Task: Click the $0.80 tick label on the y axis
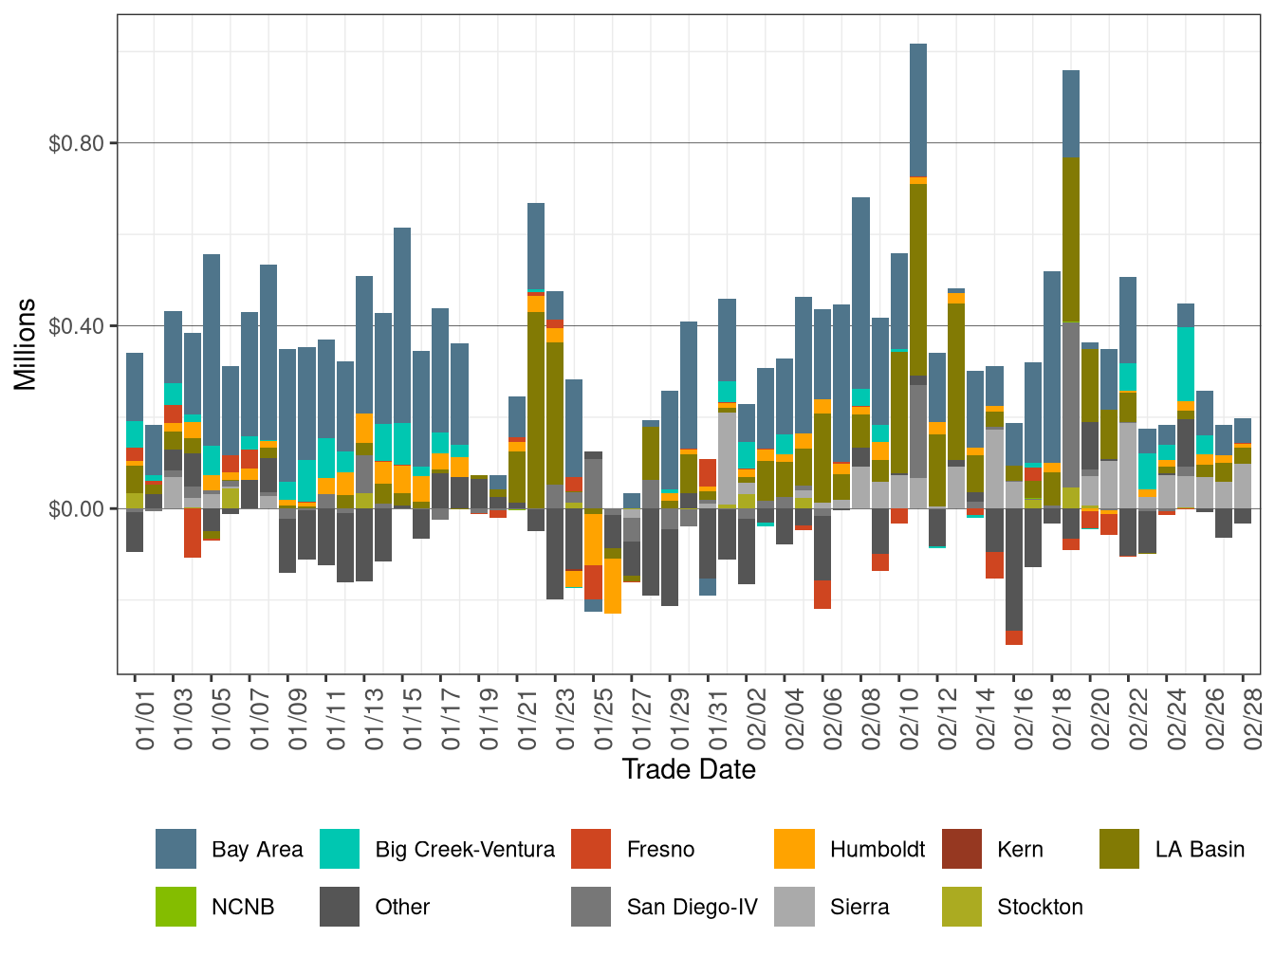[x=77, y=143]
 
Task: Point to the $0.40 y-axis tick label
[x=77, y=326]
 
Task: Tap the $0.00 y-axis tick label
[x=77, y=508]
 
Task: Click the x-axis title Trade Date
[x=689, y=769]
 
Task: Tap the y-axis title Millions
[x=26, y=344]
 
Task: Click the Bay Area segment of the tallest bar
[x=918, y=109]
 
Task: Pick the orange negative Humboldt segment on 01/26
[x=613, y=586]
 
